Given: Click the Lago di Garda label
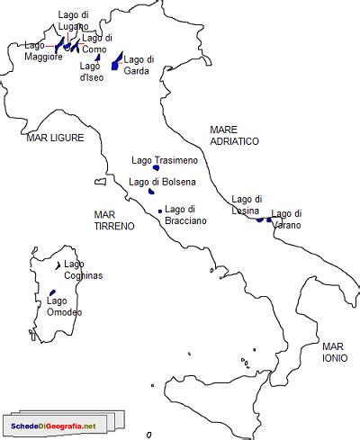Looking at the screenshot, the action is click(138, 65).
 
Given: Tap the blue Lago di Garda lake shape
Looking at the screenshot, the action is click(116, 61).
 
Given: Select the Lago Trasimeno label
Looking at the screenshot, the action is click(157, 159).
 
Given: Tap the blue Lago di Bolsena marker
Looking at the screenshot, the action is click(151, 191).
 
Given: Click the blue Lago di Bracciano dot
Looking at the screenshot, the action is click(160, 211).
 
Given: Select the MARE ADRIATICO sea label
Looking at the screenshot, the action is click(234, 136).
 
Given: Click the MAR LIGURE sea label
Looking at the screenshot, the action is click(55, 138).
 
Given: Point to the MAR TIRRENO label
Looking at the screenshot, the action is click(113, 220).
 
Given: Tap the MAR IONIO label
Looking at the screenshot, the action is click(333, 352).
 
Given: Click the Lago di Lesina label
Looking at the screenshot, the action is click(247, 204).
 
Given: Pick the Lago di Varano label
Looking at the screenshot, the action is click(286, 219).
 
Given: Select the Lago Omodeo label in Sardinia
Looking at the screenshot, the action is click(64, 307).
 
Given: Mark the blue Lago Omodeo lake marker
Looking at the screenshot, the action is click(52, 292).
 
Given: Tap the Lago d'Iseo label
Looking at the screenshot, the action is click(91, 71).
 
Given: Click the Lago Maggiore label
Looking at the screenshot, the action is click(42, 50).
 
